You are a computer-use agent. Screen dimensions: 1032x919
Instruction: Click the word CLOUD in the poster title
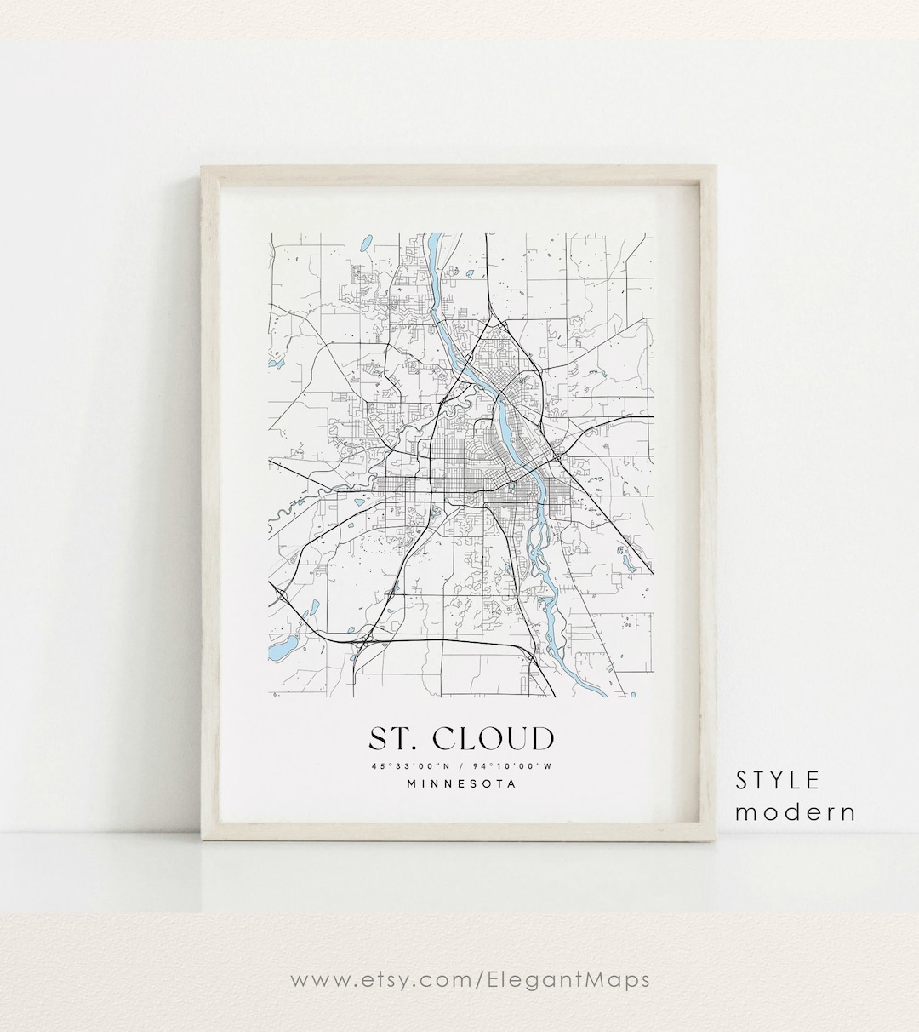point(496,738)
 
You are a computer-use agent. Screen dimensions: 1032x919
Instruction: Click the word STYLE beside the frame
point(778,780)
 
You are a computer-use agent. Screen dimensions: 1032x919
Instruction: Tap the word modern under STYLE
point(795,812)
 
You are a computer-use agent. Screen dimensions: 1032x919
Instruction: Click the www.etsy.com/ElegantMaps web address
point(470,979)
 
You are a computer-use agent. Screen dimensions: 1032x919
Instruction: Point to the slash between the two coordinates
point(460,766)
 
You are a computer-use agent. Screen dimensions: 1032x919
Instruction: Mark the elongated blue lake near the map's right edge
point(630,561)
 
